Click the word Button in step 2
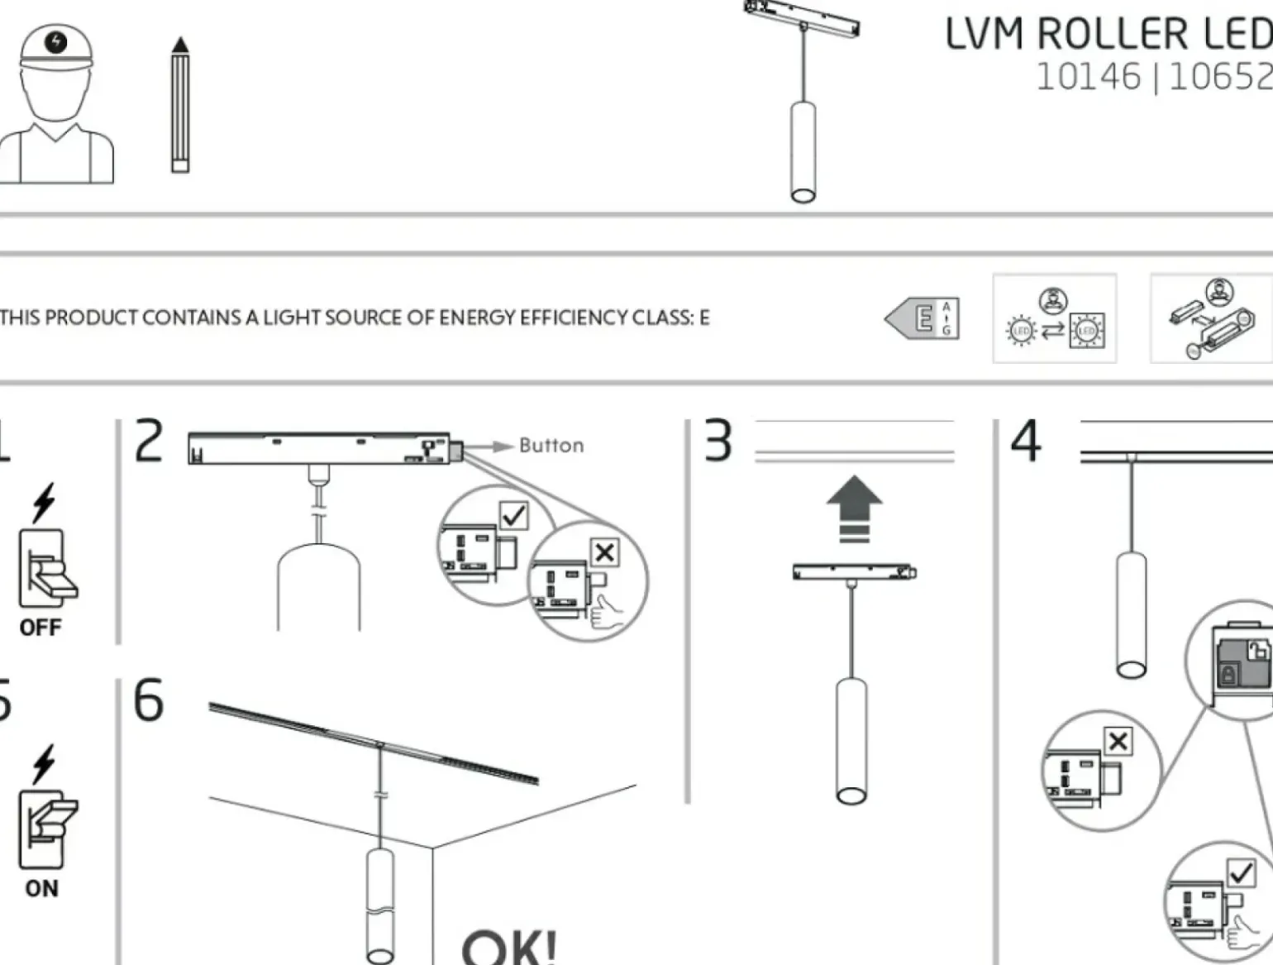551,446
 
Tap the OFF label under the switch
41,627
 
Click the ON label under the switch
41,888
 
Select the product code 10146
1088,77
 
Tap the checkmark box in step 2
514,516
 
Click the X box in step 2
604,552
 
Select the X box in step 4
1118,741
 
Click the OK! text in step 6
509,947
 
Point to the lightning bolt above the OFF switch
44,502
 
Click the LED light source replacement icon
1054,318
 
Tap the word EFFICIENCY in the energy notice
533,318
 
